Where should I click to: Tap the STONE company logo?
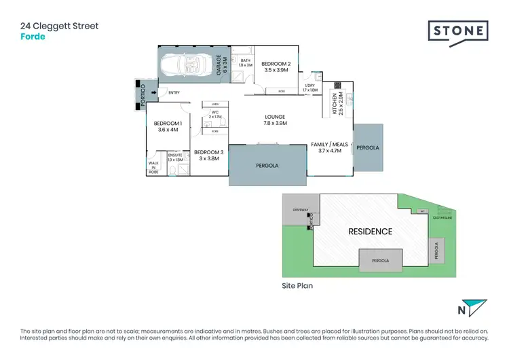point(457,32)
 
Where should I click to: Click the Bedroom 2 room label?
point(276,67)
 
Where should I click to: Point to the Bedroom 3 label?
point(209,156)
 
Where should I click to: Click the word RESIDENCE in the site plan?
point(370,232)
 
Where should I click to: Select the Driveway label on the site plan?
point(300,211)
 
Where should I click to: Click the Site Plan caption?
point(297,286)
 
